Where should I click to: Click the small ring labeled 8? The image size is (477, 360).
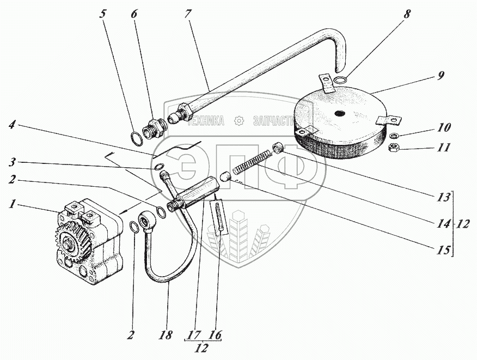(341, 81)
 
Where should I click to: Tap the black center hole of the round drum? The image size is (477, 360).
(339, 113)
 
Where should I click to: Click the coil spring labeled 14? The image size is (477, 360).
(253, 161)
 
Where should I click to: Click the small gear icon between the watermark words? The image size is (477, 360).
(238, 121)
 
